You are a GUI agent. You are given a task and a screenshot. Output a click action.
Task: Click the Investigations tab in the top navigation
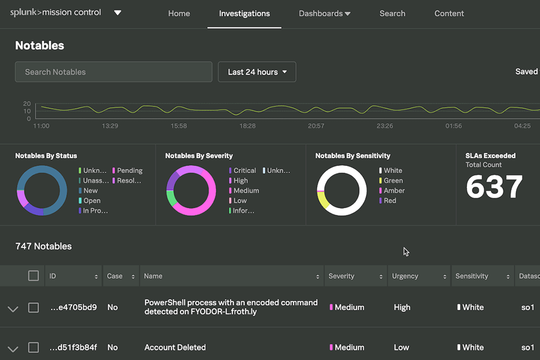point(244,13)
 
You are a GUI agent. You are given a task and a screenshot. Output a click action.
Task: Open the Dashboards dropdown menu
point(325,13)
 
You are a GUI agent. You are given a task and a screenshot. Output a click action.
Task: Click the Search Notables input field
point(114,72)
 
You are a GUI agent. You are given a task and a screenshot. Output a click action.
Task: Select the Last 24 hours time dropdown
point(257,72)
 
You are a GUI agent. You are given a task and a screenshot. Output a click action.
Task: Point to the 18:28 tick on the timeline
point(247,126)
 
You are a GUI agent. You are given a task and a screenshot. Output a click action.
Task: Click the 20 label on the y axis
point(27,104)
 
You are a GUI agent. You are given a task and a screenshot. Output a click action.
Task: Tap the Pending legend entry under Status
point(128,170)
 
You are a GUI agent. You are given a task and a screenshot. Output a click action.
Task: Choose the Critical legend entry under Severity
point(244,170)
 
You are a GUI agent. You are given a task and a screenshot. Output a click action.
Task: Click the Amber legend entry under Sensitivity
point(393,191)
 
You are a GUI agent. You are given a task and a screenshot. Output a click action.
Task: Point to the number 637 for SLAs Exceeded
point(494,187)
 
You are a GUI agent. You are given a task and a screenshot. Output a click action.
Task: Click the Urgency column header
point(406,276)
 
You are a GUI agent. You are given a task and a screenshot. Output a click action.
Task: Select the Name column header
point(153,276)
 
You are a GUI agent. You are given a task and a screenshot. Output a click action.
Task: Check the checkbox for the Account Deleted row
point(34,348)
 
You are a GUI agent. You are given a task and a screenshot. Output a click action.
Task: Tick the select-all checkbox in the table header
point(34,276)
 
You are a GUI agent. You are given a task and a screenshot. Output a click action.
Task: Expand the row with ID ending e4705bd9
point(13,308)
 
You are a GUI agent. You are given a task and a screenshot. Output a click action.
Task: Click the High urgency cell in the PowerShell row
point(402,308)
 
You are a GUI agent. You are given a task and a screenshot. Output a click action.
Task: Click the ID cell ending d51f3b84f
point(73,348)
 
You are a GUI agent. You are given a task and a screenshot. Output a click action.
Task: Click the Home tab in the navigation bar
point(179,13)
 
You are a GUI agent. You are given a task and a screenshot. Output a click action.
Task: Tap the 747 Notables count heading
point(43,246)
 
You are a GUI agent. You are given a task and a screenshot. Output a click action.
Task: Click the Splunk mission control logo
point(56,12)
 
